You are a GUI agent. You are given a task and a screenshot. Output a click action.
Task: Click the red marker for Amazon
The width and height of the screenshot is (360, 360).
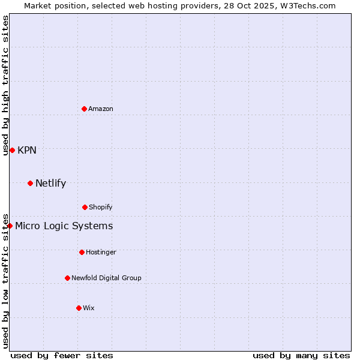coord(85,109)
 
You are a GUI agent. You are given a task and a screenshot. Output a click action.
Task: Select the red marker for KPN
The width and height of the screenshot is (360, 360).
coord(12,150)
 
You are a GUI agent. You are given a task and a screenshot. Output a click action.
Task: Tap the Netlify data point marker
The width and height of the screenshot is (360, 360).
coord(30,183)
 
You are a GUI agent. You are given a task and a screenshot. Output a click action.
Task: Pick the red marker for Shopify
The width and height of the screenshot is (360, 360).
coord(85,207)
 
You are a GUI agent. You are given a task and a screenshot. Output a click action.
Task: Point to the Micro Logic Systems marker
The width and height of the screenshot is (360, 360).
coord(10,226)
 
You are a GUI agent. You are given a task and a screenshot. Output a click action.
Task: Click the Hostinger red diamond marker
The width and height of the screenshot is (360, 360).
coord(82,252)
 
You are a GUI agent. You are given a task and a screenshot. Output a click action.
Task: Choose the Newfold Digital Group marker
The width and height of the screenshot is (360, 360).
coord(67,278)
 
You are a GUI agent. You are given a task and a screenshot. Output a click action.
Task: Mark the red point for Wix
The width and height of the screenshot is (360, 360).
coord(79,308)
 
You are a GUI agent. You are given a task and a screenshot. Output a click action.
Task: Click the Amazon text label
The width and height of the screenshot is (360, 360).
coord(101,109)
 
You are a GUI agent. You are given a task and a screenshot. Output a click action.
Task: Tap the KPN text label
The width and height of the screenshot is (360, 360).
coord(27,150)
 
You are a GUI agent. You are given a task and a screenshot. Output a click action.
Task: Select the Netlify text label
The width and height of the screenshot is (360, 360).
coord(50,183)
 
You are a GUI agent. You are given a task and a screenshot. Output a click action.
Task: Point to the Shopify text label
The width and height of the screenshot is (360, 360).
coord(101,207)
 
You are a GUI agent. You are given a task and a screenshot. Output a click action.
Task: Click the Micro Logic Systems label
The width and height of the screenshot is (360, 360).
coord(64,226)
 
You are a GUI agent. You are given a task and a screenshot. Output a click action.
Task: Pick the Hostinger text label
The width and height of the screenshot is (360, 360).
coord(101,252)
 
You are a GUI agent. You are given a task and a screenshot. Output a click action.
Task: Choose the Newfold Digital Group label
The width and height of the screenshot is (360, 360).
coord(106,278)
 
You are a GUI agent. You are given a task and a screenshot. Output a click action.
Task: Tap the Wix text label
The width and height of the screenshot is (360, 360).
coord(89,308)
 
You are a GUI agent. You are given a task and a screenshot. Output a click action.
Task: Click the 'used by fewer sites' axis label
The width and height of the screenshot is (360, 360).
coord(62,355)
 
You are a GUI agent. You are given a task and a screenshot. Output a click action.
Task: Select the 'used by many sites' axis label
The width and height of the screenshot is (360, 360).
coord(301,355)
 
